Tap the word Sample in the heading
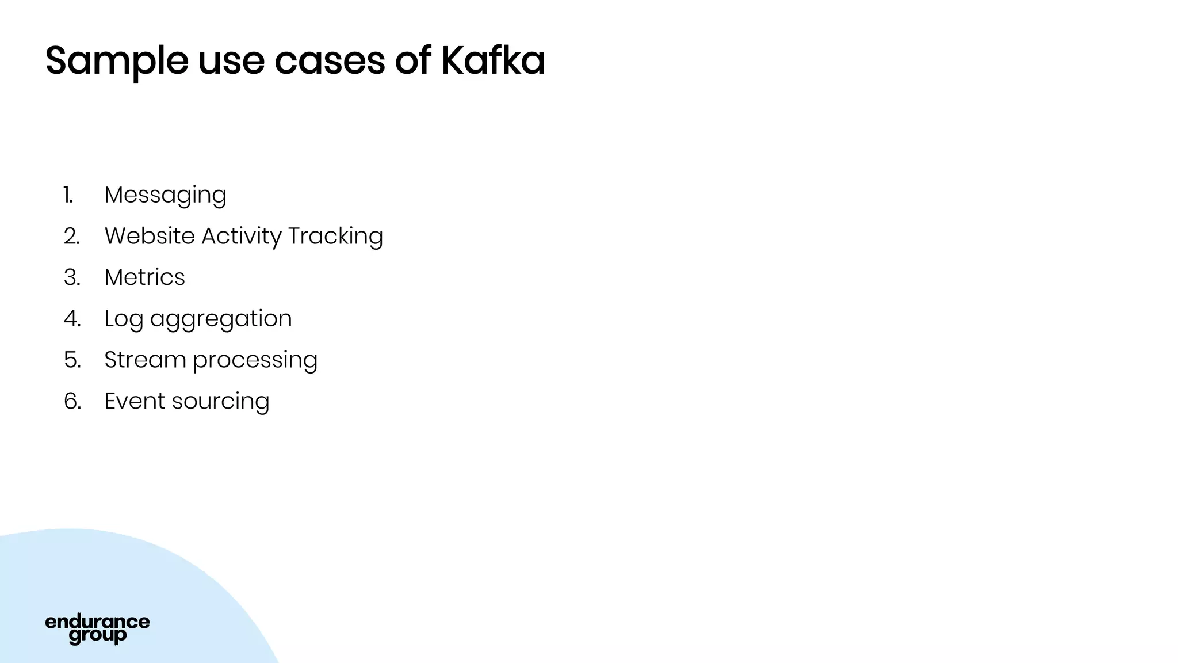[x=117, y=61]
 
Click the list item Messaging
[x=165, y=195]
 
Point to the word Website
[x=150, y=236]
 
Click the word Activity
[x=242, y=237]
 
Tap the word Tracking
[x=335, y=237]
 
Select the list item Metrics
[x=144, y=277]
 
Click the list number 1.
[x=69, y=195]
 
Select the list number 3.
[x=72, y=277]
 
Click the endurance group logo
[x=97, y=628]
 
